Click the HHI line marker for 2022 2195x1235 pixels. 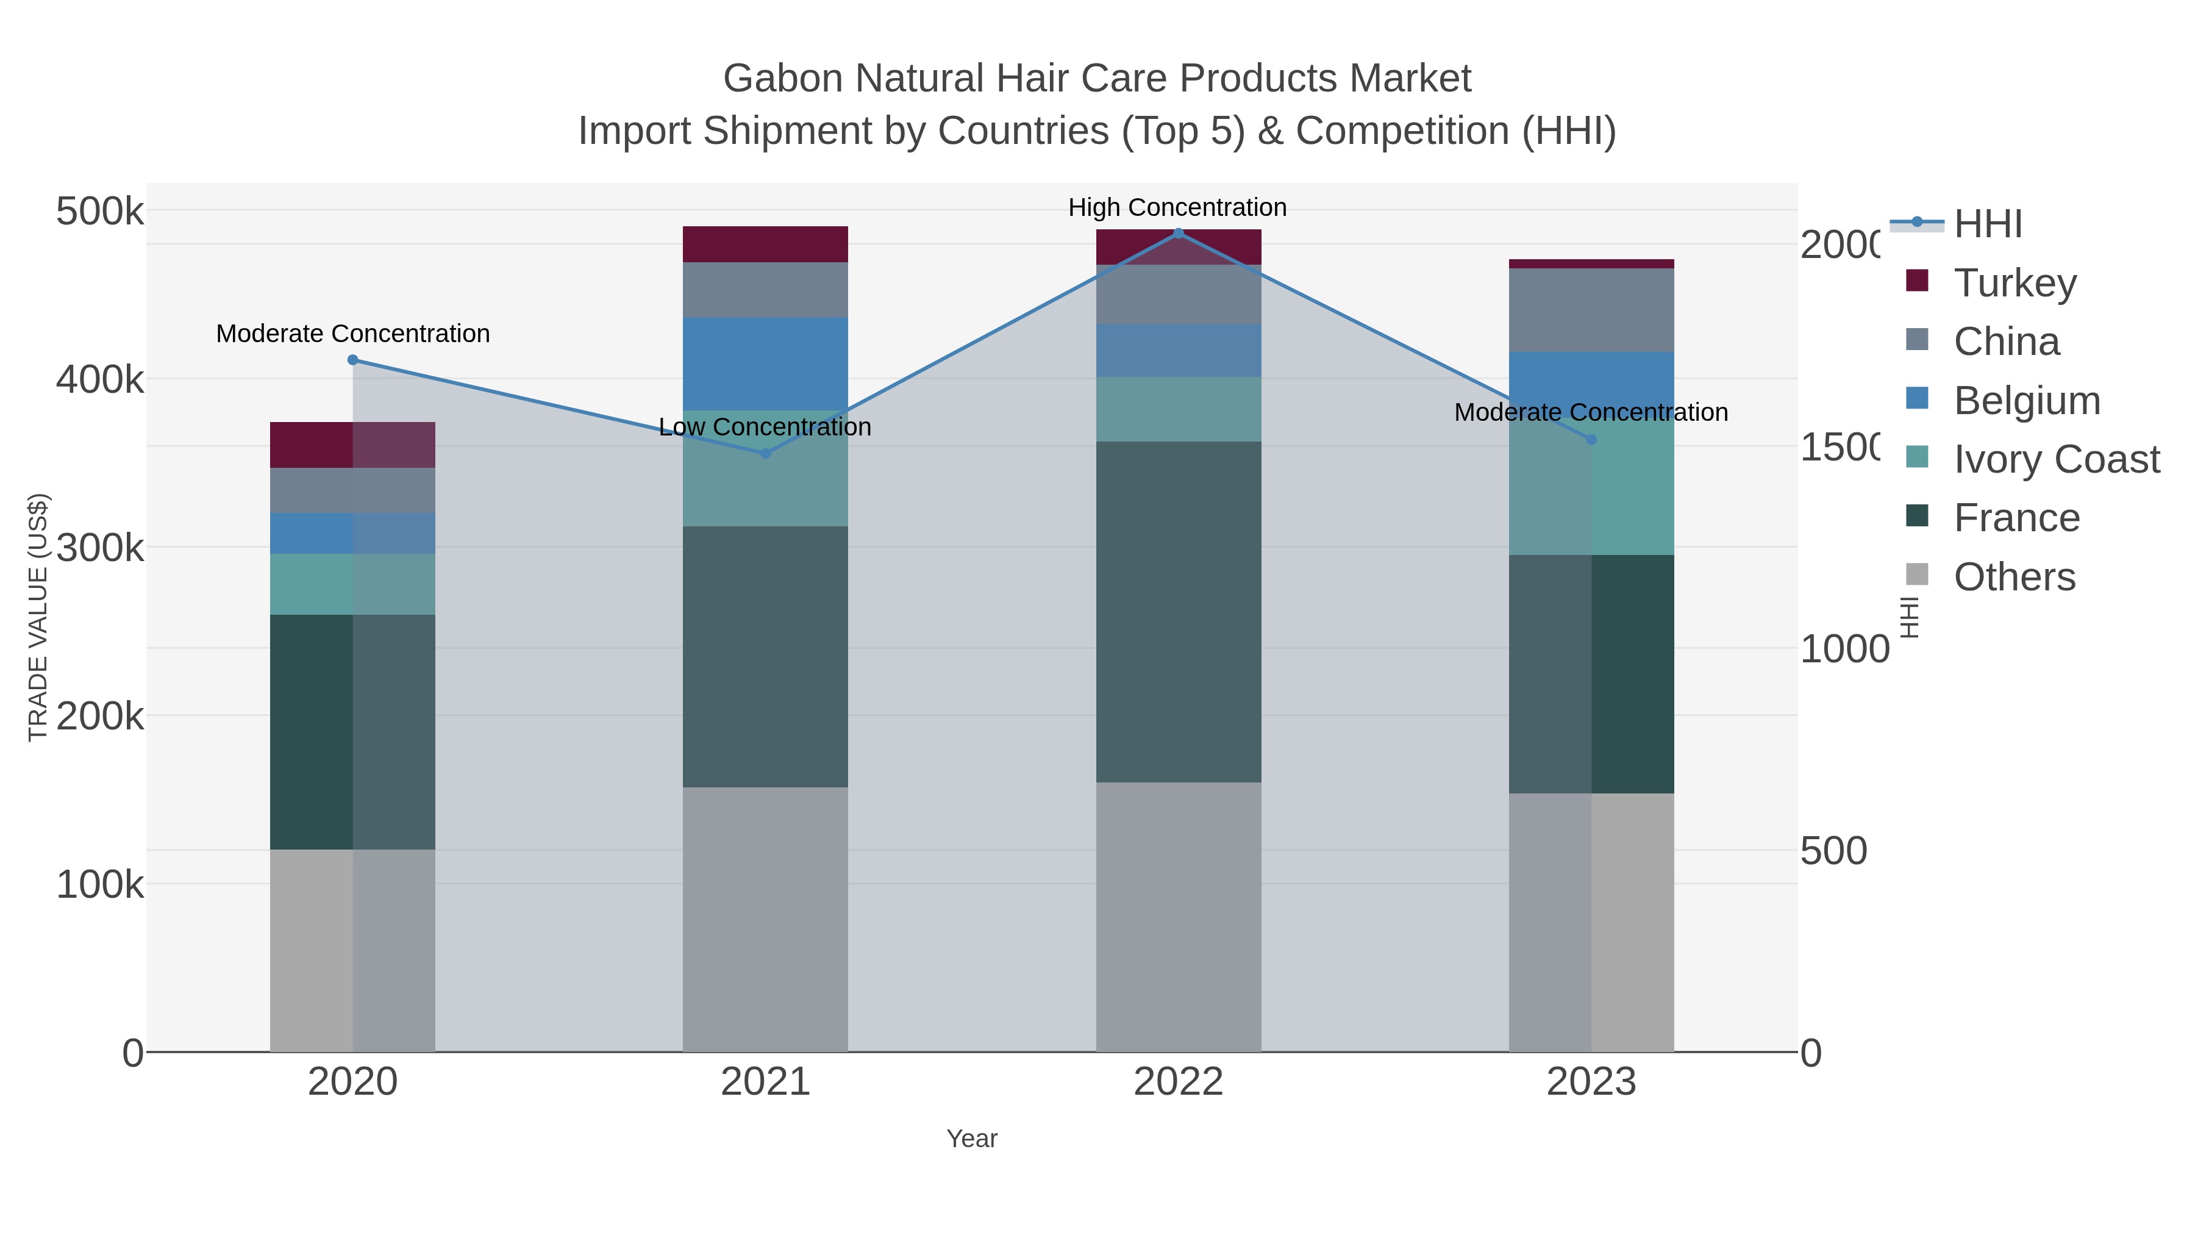pos(1179,234)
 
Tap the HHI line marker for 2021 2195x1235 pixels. pos(765,453)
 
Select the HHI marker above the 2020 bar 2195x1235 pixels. pos(353,360)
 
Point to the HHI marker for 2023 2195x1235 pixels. pos(1591,440)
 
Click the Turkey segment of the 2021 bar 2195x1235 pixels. pos(765,245)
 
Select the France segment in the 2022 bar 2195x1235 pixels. pos(1179,611)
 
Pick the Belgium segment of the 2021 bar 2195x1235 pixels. pos(765,364)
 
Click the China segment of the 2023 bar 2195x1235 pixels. pos(1591,310)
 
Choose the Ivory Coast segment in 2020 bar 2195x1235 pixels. pos(353,585)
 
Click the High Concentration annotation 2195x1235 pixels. pos(1177,208)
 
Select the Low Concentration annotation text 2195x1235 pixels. pos(765,427)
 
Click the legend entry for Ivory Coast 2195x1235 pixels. pos(2056,459)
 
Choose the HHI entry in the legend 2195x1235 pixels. pos(1987,224)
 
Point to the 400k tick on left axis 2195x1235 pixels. pos(100,380)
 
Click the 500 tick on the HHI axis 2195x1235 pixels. pos(1833,851)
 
